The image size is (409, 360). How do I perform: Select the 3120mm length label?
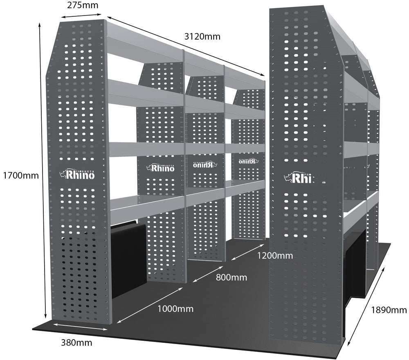[x=202, y=36]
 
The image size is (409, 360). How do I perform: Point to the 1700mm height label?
[x=20, y=176]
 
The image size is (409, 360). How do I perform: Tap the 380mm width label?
[x=76, y=342]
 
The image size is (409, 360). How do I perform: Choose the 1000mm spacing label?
[x=175, y=308]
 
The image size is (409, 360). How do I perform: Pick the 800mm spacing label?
[x=231, y=277]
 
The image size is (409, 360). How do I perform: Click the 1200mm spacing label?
[x=275, y=256]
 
